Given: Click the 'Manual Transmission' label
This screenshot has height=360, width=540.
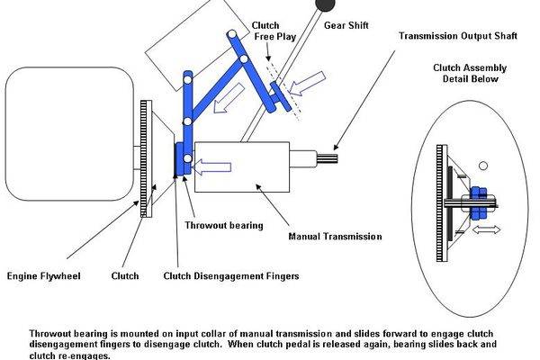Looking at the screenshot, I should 335,237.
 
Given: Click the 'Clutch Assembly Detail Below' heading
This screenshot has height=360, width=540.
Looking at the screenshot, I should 471,71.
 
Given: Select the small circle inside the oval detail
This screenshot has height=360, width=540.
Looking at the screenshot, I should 482,165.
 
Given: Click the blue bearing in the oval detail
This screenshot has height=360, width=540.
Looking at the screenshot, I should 475,201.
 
